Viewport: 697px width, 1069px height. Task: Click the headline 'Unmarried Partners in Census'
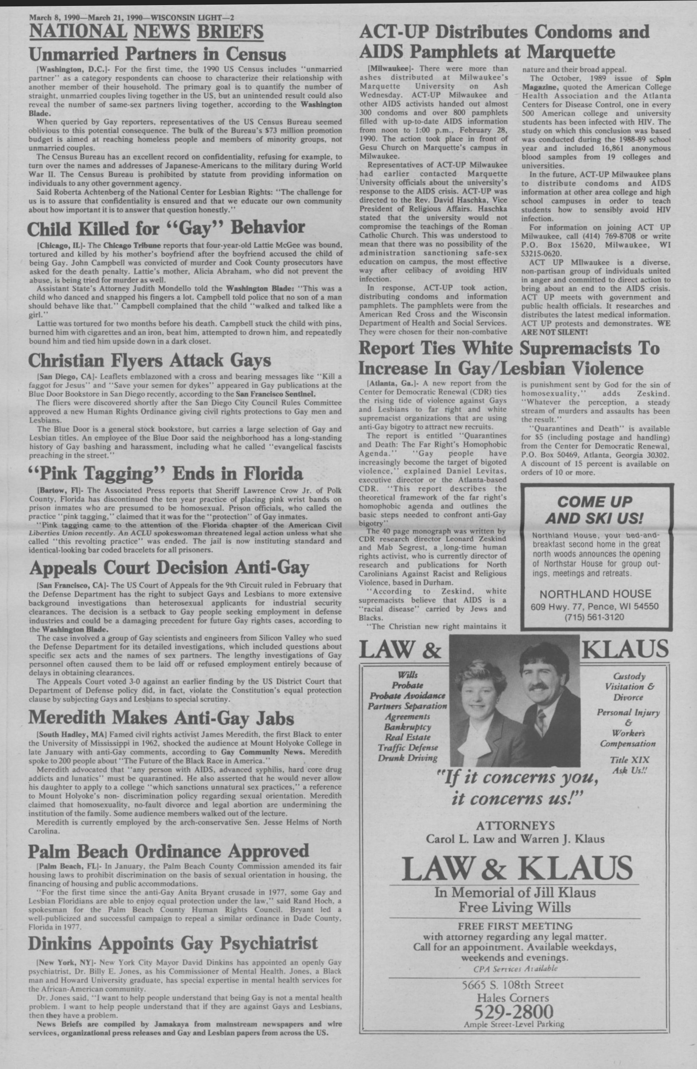[x=157, y=55]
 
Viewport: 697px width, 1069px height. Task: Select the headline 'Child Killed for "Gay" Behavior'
[x=166, y=229]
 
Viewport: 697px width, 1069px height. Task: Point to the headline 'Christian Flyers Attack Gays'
[x=150, y=360]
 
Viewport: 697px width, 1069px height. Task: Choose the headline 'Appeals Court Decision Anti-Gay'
[x=169, y=568]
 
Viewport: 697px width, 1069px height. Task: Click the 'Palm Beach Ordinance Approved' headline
[x=169, y=851]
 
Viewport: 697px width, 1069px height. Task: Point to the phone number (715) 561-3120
[x=594, y=617]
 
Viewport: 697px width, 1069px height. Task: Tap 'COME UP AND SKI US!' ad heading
[x=594, y=510]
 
